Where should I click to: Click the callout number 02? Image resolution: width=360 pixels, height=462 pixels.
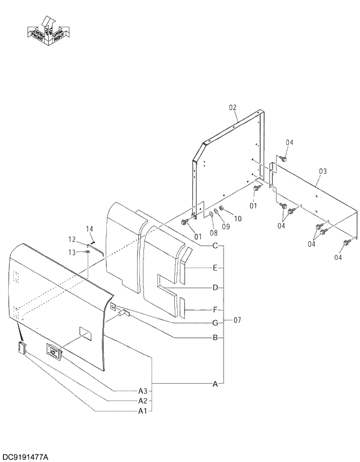coord(233,107)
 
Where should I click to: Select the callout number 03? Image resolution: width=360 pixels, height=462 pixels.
coord(323,171)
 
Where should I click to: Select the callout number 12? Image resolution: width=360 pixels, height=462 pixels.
coord(72,239)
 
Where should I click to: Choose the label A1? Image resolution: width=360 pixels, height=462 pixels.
coord(142,411)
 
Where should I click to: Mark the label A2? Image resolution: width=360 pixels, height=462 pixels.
coord(142,400)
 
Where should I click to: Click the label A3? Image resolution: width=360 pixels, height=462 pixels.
coord(142,390)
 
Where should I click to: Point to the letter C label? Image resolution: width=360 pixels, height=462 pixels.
coord(215,246)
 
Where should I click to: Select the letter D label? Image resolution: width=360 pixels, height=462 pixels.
coord(215,287)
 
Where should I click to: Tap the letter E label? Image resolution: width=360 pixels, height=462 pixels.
coord(215,268)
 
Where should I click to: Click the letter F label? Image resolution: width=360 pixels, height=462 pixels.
coord(215,309)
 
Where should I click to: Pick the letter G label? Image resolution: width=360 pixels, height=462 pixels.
coord(215,323)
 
